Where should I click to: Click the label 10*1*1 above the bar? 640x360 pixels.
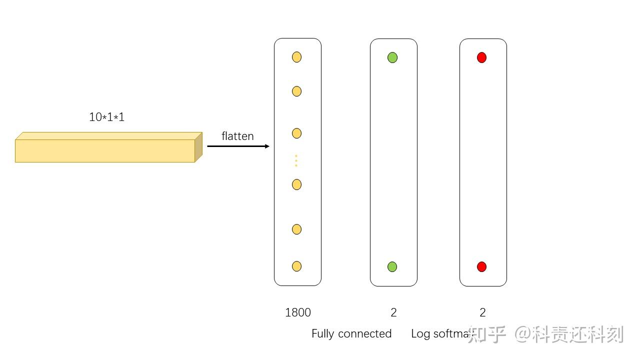106,117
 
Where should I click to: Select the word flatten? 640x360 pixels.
237,136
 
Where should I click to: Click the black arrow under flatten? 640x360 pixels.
238,146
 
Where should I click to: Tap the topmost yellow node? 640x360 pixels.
296,57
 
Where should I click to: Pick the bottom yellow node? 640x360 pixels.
296,266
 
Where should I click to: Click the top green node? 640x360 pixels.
392,57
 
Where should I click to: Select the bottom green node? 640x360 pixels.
392,266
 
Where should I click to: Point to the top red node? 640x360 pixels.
481,57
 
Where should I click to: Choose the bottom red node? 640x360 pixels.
481,266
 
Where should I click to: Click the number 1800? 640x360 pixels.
298,312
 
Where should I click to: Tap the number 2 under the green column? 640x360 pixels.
393,312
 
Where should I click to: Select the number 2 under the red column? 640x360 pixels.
482,312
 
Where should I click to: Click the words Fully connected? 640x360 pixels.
351,333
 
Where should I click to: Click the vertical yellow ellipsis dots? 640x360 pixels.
296,160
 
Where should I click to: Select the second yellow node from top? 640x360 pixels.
296,91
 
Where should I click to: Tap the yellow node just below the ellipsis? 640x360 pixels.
296,184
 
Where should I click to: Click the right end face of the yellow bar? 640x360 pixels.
198,147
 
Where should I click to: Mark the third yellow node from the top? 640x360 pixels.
296,133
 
